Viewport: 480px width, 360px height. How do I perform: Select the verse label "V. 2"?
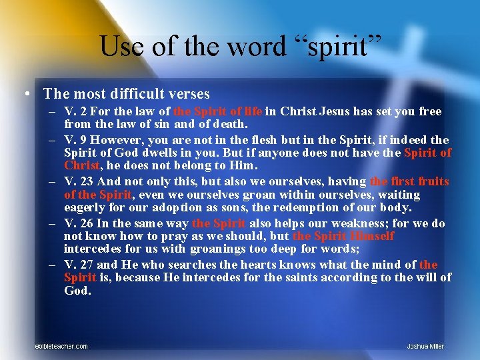click(77, 111)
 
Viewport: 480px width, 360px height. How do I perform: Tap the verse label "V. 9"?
click(77, 140)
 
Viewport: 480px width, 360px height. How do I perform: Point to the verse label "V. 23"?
click(80, 181)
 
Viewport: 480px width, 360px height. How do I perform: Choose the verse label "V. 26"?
click(80, 223)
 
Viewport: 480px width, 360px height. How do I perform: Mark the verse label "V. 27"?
click(80, 265)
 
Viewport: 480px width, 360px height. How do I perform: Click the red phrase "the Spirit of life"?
click(217, 111)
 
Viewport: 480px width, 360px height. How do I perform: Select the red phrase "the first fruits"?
click(409, 181)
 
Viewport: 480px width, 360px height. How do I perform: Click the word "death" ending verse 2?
click(229, 124)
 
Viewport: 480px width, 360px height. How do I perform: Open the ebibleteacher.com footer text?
click(61, 346)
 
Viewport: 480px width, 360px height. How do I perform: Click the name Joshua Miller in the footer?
click(425, 346)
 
